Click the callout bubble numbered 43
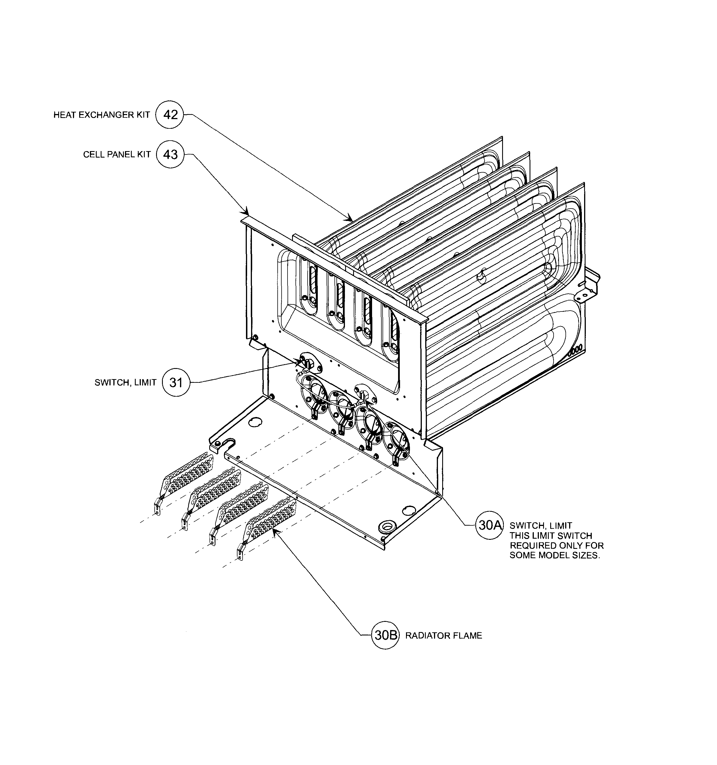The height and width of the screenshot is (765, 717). pos(170,154)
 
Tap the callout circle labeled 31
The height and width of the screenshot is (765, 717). pos(176,382)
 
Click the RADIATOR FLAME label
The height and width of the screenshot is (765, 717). pos(444,636)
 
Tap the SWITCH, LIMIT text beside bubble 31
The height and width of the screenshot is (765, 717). pos(126,382)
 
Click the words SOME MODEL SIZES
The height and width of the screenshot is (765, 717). pos(554,556)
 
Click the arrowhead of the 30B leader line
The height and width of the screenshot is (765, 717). pos(274,531)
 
